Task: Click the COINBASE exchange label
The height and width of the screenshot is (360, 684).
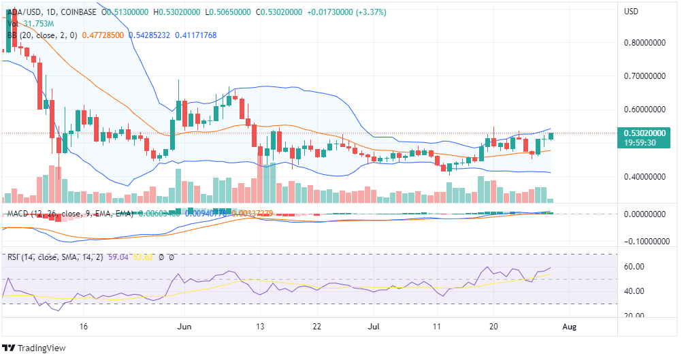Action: tap(75, 12)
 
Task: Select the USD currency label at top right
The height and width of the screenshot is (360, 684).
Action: tap(632, 12)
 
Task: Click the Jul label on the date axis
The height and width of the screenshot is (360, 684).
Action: tap(374, 327)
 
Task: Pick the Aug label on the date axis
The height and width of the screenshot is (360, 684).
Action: tap(570, 327)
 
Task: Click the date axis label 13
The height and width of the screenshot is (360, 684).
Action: tap(259, 327)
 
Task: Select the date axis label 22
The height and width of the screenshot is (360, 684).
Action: tap(317, 327)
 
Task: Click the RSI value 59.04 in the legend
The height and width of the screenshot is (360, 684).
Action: tap(110, 257)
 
